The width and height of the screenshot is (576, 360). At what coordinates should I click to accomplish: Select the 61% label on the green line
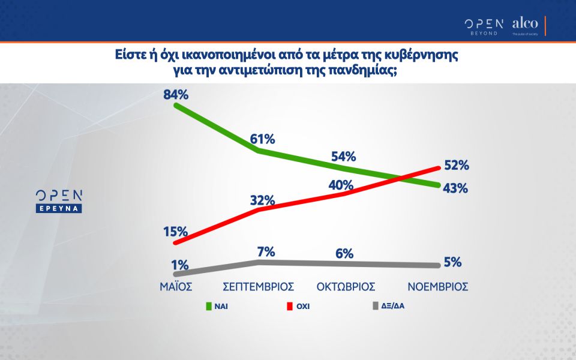click(263, 139)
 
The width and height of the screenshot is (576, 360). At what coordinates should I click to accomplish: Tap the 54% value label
click(343, 157)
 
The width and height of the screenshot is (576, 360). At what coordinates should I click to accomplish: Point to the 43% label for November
click(455, 188)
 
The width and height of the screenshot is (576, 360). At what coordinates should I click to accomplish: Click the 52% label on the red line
click(456, 165)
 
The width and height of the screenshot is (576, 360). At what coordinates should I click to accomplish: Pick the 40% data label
click(341, 185)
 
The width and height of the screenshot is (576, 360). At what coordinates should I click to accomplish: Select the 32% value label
click(263, 200)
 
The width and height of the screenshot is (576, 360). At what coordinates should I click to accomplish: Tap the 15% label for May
click(176, 232)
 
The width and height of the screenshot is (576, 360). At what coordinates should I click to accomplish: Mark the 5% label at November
click(452, 262)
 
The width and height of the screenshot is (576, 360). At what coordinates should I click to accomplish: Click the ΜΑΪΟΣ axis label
click(175, 286)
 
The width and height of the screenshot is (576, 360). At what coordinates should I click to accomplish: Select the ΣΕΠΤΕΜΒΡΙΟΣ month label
click(262, 286)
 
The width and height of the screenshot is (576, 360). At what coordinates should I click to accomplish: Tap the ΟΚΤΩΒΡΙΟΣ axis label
click(346, 286)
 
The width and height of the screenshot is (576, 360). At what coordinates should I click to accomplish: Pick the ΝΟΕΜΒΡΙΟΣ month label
click(437, 286)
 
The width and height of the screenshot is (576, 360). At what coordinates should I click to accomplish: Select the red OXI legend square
click(290, 306)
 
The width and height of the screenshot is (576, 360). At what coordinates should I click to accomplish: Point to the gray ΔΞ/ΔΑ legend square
click(376, 306)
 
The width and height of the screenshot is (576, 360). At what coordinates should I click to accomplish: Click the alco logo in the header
click(525, 25)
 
